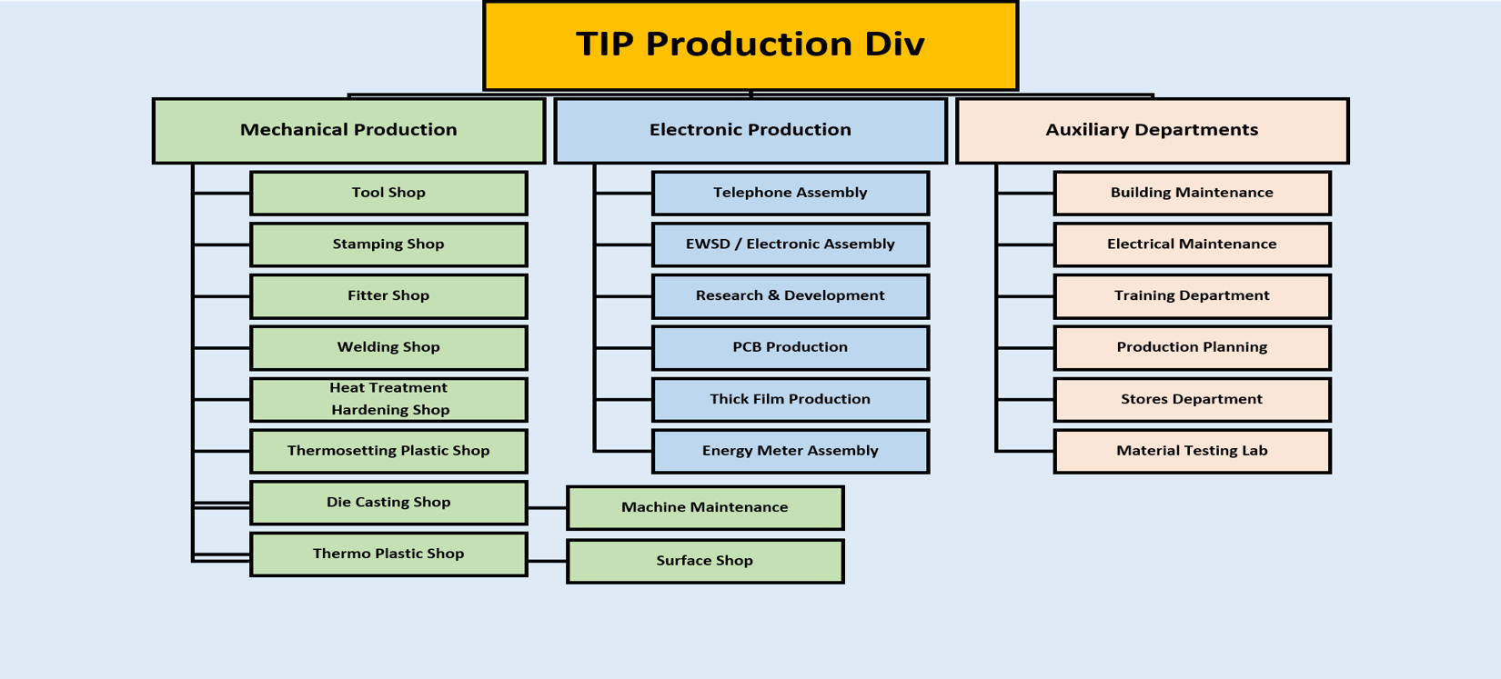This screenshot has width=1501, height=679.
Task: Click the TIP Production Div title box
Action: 750,45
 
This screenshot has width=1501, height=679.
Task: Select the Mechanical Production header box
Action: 349,131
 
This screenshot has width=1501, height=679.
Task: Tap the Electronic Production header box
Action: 750,131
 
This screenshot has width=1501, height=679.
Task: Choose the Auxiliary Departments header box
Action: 1152,131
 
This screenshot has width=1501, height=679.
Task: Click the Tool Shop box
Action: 388,193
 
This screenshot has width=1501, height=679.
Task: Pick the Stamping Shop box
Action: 388,245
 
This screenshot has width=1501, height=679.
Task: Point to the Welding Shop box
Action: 388,347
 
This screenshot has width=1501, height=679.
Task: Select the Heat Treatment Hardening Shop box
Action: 388,399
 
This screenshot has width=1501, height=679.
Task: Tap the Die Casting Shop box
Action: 388,503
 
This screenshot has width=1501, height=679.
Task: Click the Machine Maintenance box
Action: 705,507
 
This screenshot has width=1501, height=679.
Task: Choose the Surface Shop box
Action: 705,561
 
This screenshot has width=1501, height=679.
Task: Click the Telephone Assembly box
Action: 790,193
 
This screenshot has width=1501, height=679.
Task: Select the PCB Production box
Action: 790,347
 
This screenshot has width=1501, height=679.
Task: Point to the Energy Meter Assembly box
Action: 790,451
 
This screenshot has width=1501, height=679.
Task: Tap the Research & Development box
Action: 790,296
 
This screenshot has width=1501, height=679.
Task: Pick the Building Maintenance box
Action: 1192,193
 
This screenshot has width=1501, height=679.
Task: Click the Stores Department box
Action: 1192,399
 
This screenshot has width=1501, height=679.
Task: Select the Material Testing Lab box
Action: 1192,451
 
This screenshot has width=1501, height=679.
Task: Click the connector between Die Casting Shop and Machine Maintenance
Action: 547,507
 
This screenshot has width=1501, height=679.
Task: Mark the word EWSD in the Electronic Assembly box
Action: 707,244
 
